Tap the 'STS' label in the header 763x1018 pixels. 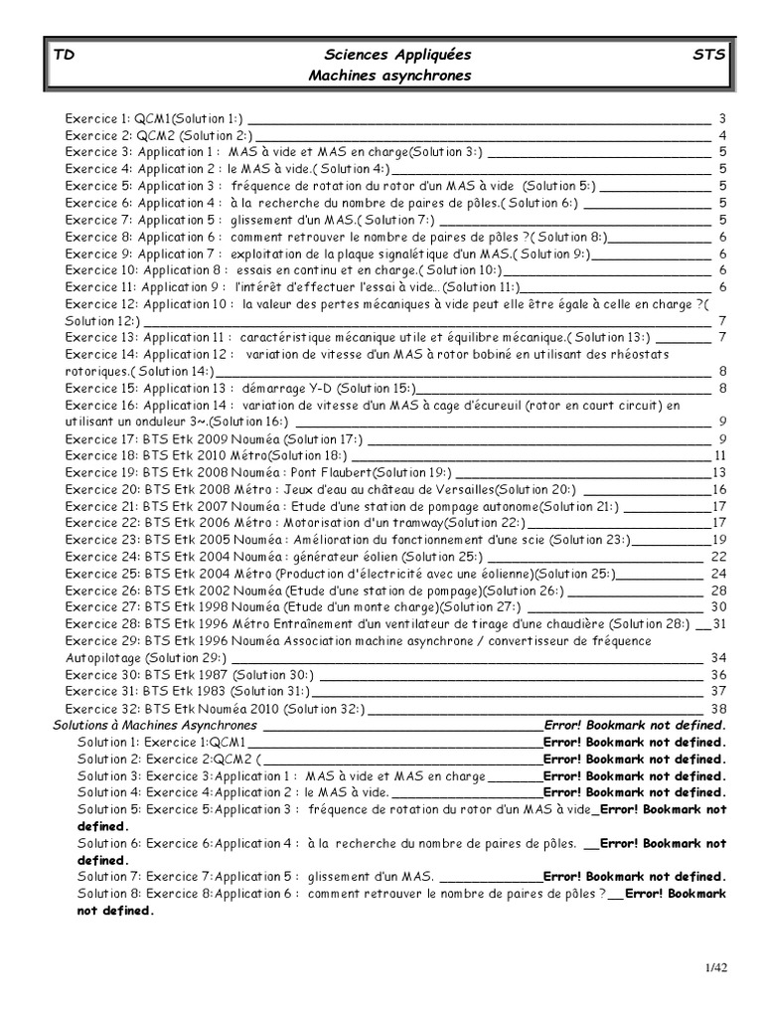(708, 55)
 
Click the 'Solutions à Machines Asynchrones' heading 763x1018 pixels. (154, 726)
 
